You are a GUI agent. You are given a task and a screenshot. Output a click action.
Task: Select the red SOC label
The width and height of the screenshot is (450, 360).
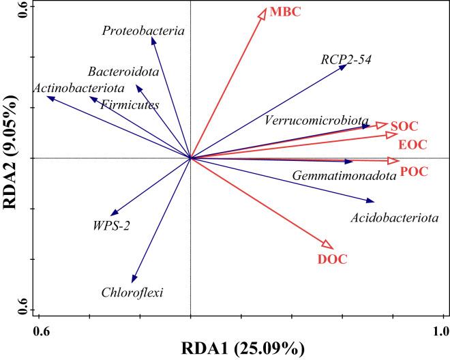[x=404, y=126]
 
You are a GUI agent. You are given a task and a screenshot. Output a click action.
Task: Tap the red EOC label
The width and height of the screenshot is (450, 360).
[x=412, y=145]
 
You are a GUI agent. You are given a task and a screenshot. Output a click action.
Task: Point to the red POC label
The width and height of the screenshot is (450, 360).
[x=414, y=171]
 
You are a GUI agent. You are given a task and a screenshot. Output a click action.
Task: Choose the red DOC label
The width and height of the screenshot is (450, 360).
[x=333, y=259]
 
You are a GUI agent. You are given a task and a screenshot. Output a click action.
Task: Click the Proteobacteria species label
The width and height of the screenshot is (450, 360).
[x=144, y=30]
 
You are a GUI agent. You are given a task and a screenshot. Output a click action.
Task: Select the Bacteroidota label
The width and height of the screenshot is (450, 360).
[x=123, y=72]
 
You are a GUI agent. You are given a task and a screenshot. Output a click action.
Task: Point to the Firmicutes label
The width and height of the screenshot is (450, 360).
[x=130, y=105]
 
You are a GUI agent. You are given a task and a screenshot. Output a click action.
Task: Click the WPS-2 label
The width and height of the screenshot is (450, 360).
[x=111, y=224]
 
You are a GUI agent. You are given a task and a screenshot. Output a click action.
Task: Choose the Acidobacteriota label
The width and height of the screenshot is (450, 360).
[x=395, y=218]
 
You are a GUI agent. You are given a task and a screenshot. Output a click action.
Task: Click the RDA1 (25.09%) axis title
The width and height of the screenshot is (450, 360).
[x=242, y=348]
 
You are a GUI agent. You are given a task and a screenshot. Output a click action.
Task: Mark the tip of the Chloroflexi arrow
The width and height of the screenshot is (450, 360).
[x=134, y=282]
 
